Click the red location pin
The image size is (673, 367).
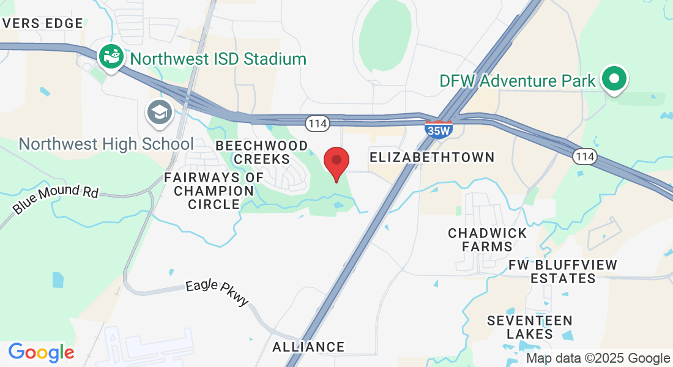pyautogui.click(x=336, y=162)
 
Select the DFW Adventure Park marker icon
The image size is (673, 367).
pyautogui.click(x=614, y=79)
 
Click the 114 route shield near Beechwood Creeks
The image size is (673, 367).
pyautogui.click(x=318, y=124)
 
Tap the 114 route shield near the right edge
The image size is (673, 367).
pyautogui.click(x=585, y=157)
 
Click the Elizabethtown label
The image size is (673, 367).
pyautogui.click(x=432, y=157)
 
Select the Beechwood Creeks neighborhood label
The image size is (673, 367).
pyautogui.click(x=262, y=152)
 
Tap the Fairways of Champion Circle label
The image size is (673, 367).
pyautogui.click(x=214, y=191)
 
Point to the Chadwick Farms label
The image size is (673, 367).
pyautogui.click(x=488, y=240)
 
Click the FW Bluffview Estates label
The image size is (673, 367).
pyautogui.click(x=563, y=272)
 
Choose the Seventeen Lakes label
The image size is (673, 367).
pyautogui.click(x=530, y=327)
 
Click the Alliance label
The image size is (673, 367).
pyautogui.click(x=308, y=347)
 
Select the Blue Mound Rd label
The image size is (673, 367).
pyautogui.click(x=56, y=199)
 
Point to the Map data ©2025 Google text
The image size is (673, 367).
pyautogui.click(x=598, y=358)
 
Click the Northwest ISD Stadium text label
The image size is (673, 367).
pyautogui.click(x=218, y=59)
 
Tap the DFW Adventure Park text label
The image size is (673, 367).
pyautogui.click(x=518, y=80)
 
